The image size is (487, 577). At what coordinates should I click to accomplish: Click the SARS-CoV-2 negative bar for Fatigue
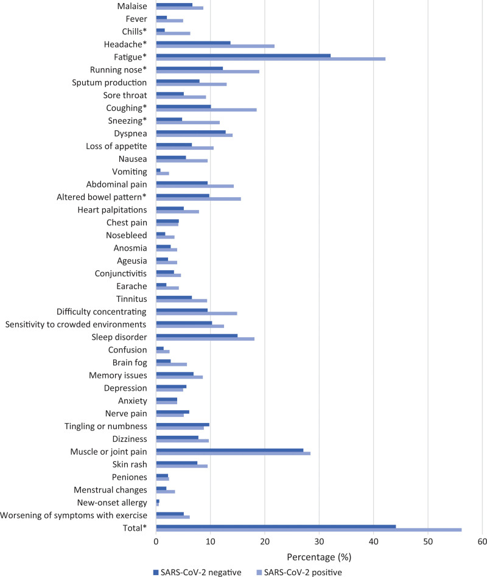(243, 55)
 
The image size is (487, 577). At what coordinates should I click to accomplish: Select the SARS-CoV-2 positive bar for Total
(309, 530)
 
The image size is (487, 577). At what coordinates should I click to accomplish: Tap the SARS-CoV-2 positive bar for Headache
(215, 46)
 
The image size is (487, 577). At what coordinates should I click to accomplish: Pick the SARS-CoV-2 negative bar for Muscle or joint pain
(229, 450)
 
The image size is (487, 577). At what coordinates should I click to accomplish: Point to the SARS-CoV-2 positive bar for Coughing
(206, 110)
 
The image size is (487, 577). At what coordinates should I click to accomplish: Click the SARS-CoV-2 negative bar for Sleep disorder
(197, 335)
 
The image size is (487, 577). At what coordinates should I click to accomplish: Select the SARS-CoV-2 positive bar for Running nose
(208, 71)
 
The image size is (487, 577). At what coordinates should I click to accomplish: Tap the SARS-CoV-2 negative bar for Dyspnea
(191, 131)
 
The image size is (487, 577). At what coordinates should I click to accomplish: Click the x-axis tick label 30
(319, 542)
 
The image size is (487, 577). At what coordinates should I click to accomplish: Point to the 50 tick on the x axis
(428, 542)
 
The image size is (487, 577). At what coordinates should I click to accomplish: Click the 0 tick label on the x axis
(156, 542)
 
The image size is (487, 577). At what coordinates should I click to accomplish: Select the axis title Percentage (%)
(319, 557)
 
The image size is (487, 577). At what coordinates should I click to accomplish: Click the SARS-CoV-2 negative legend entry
(197, 573)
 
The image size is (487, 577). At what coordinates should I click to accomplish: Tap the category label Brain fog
(130, 363)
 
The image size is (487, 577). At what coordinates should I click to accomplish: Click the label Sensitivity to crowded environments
(75, 324)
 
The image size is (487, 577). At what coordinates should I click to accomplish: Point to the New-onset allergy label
(112, 503)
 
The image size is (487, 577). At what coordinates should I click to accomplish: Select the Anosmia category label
(130, 248)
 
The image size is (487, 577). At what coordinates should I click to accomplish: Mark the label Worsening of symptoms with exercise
(74, 515)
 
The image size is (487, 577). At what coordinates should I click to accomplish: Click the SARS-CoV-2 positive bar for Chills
(173, 33)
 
